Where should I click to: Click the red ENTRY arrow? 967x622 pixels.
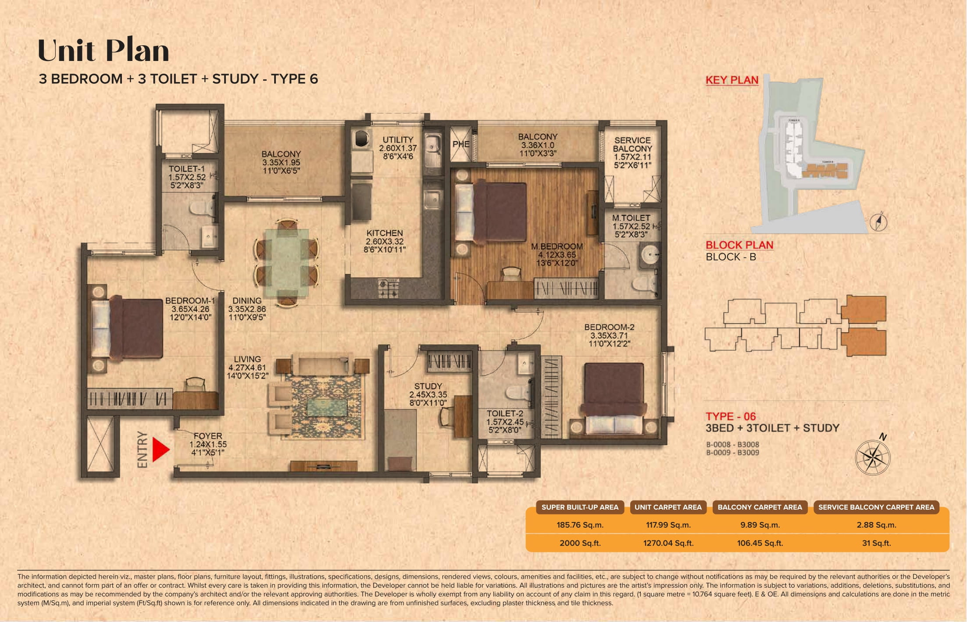(x=160, y=449)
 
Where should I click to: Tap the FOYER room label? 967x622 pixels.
(x=208, y=436)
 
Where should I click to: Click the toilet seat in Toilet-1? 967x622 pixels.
(x=200, y=207)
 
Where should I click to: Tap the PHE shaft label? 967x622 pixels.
(x=461, y=144)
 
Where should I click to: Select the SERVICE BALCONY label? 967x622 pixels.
(x=632, y=144)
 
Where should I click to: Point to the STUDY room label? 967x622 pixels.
(x=428, y=386)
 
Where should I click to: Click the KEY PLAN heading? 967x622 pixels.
(x=731, y=80)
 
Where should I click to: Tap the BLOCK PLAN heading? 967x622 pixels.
(x=739, y=245)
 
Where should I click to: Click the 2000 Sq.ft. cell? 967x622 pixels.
(x=580, y=543)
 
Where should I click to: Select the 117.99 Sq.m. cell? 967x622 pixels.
(x=668, y=525)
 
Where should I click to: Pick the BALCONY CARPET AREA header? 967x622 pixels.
(x=760, y=507)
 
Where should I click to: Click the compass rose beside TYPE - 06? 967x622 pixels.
(x=873, y=458)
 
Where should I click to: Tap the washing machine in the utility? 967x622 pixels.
(x=362, y=138)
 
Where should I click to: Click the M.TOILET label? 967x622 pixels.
(x=631, y=218)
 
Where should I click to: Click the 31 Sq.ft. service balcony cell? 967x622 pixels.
(x=876, y=543)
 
